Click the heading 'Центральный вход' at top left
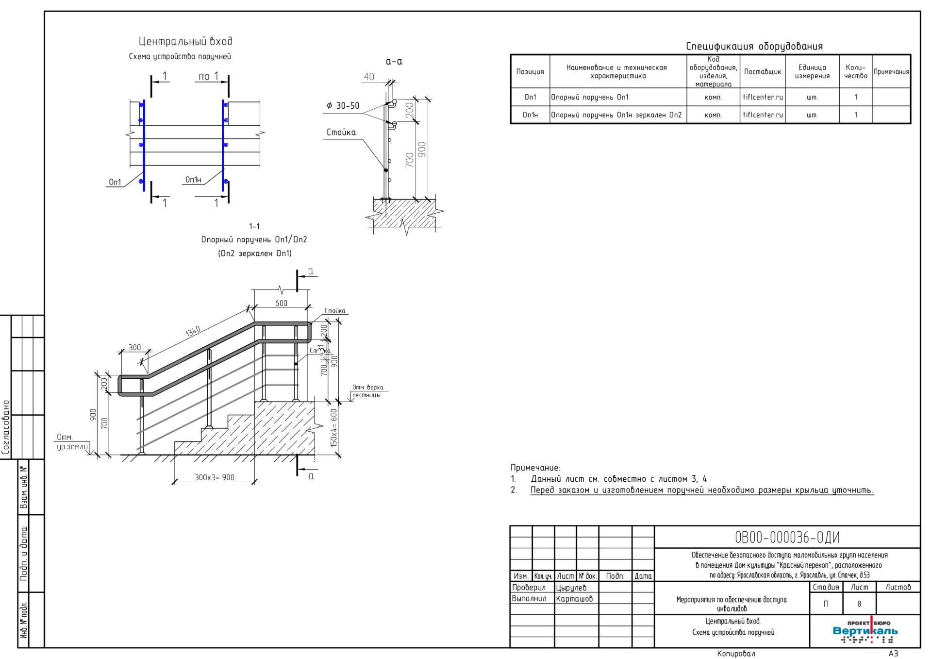click(x=185, y=41)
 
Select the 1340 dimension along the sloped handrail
click(x=193, y=332)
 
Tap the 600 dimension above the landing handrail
click(x=281, y=303)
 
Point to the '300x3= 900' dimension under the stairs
click(x=215, y=477)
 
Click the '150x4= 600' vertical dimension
click(x=333, y=428)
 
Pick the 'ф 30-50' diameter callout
click(x=343, y=106)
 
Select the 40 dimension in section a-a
click(x=369, y=76)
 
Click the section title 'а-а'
click(x=394, y=62)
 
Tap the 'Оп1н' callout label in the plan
click(x=193, y=180)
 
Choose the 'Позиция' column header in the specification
click(x=530, y=71)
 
